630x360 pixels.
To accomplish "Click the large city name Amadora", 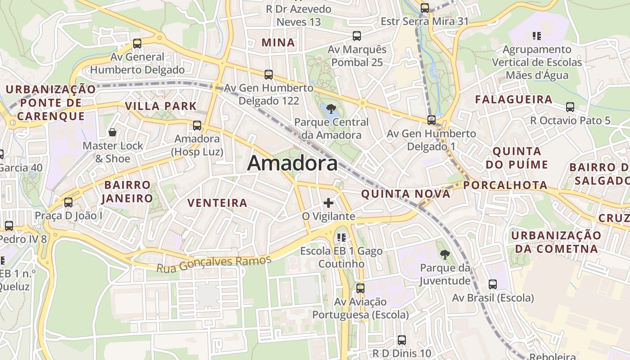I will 292,163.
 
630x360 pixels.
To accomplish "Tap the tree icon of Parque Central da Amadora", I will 331,108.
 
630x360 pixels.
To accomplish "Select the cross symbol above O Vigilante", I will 328,203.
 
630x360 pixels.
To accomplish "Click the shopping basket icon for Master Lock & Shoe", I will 112,132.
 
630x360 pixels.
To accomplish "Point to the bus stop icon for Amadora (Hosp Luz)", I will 197,126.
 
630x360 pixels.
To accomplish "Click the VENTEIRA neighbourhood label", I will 217,203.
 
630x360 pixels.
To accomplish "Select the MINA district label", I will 279,43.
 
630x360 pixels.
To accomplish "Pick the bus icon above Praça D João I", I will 68,202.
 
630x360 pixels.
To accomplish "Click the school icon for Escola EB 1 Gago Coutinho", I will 341,237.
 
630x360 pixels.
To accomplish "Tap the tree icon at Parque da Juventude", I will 445,254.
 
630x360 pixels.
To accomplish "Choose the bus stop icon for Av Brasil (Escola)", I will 493,284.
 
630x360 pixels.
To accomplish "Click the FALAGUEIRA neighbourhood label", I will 513,99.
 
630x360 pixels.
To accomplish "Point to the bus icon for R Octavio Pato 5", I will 570,107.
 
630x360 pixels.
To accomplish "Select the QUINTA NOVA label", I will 405,194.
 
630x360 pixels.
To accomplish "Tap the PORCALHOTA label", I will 505,185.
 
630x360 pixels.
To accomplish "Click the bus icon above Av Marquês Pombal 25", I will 357,36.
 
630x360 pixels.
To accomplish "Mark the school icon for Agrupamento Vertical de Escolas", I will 536,36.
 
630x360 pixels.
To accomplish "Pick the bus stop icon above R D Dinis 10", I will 402,340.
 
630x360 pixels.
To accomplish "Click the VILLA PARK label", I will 161,106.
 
